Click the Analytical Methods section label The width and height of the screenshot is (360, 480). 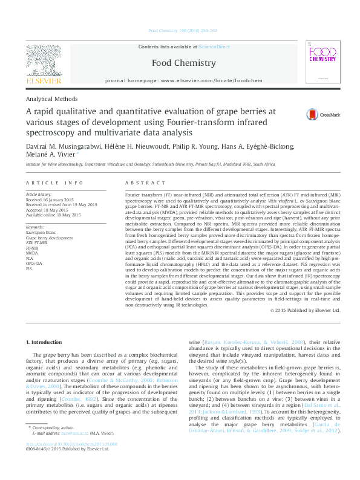(51, 99)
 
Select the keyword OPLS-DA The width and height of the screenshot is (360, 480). (34, 264)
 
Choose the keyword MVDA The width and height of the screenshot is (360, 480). (31, 253)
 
